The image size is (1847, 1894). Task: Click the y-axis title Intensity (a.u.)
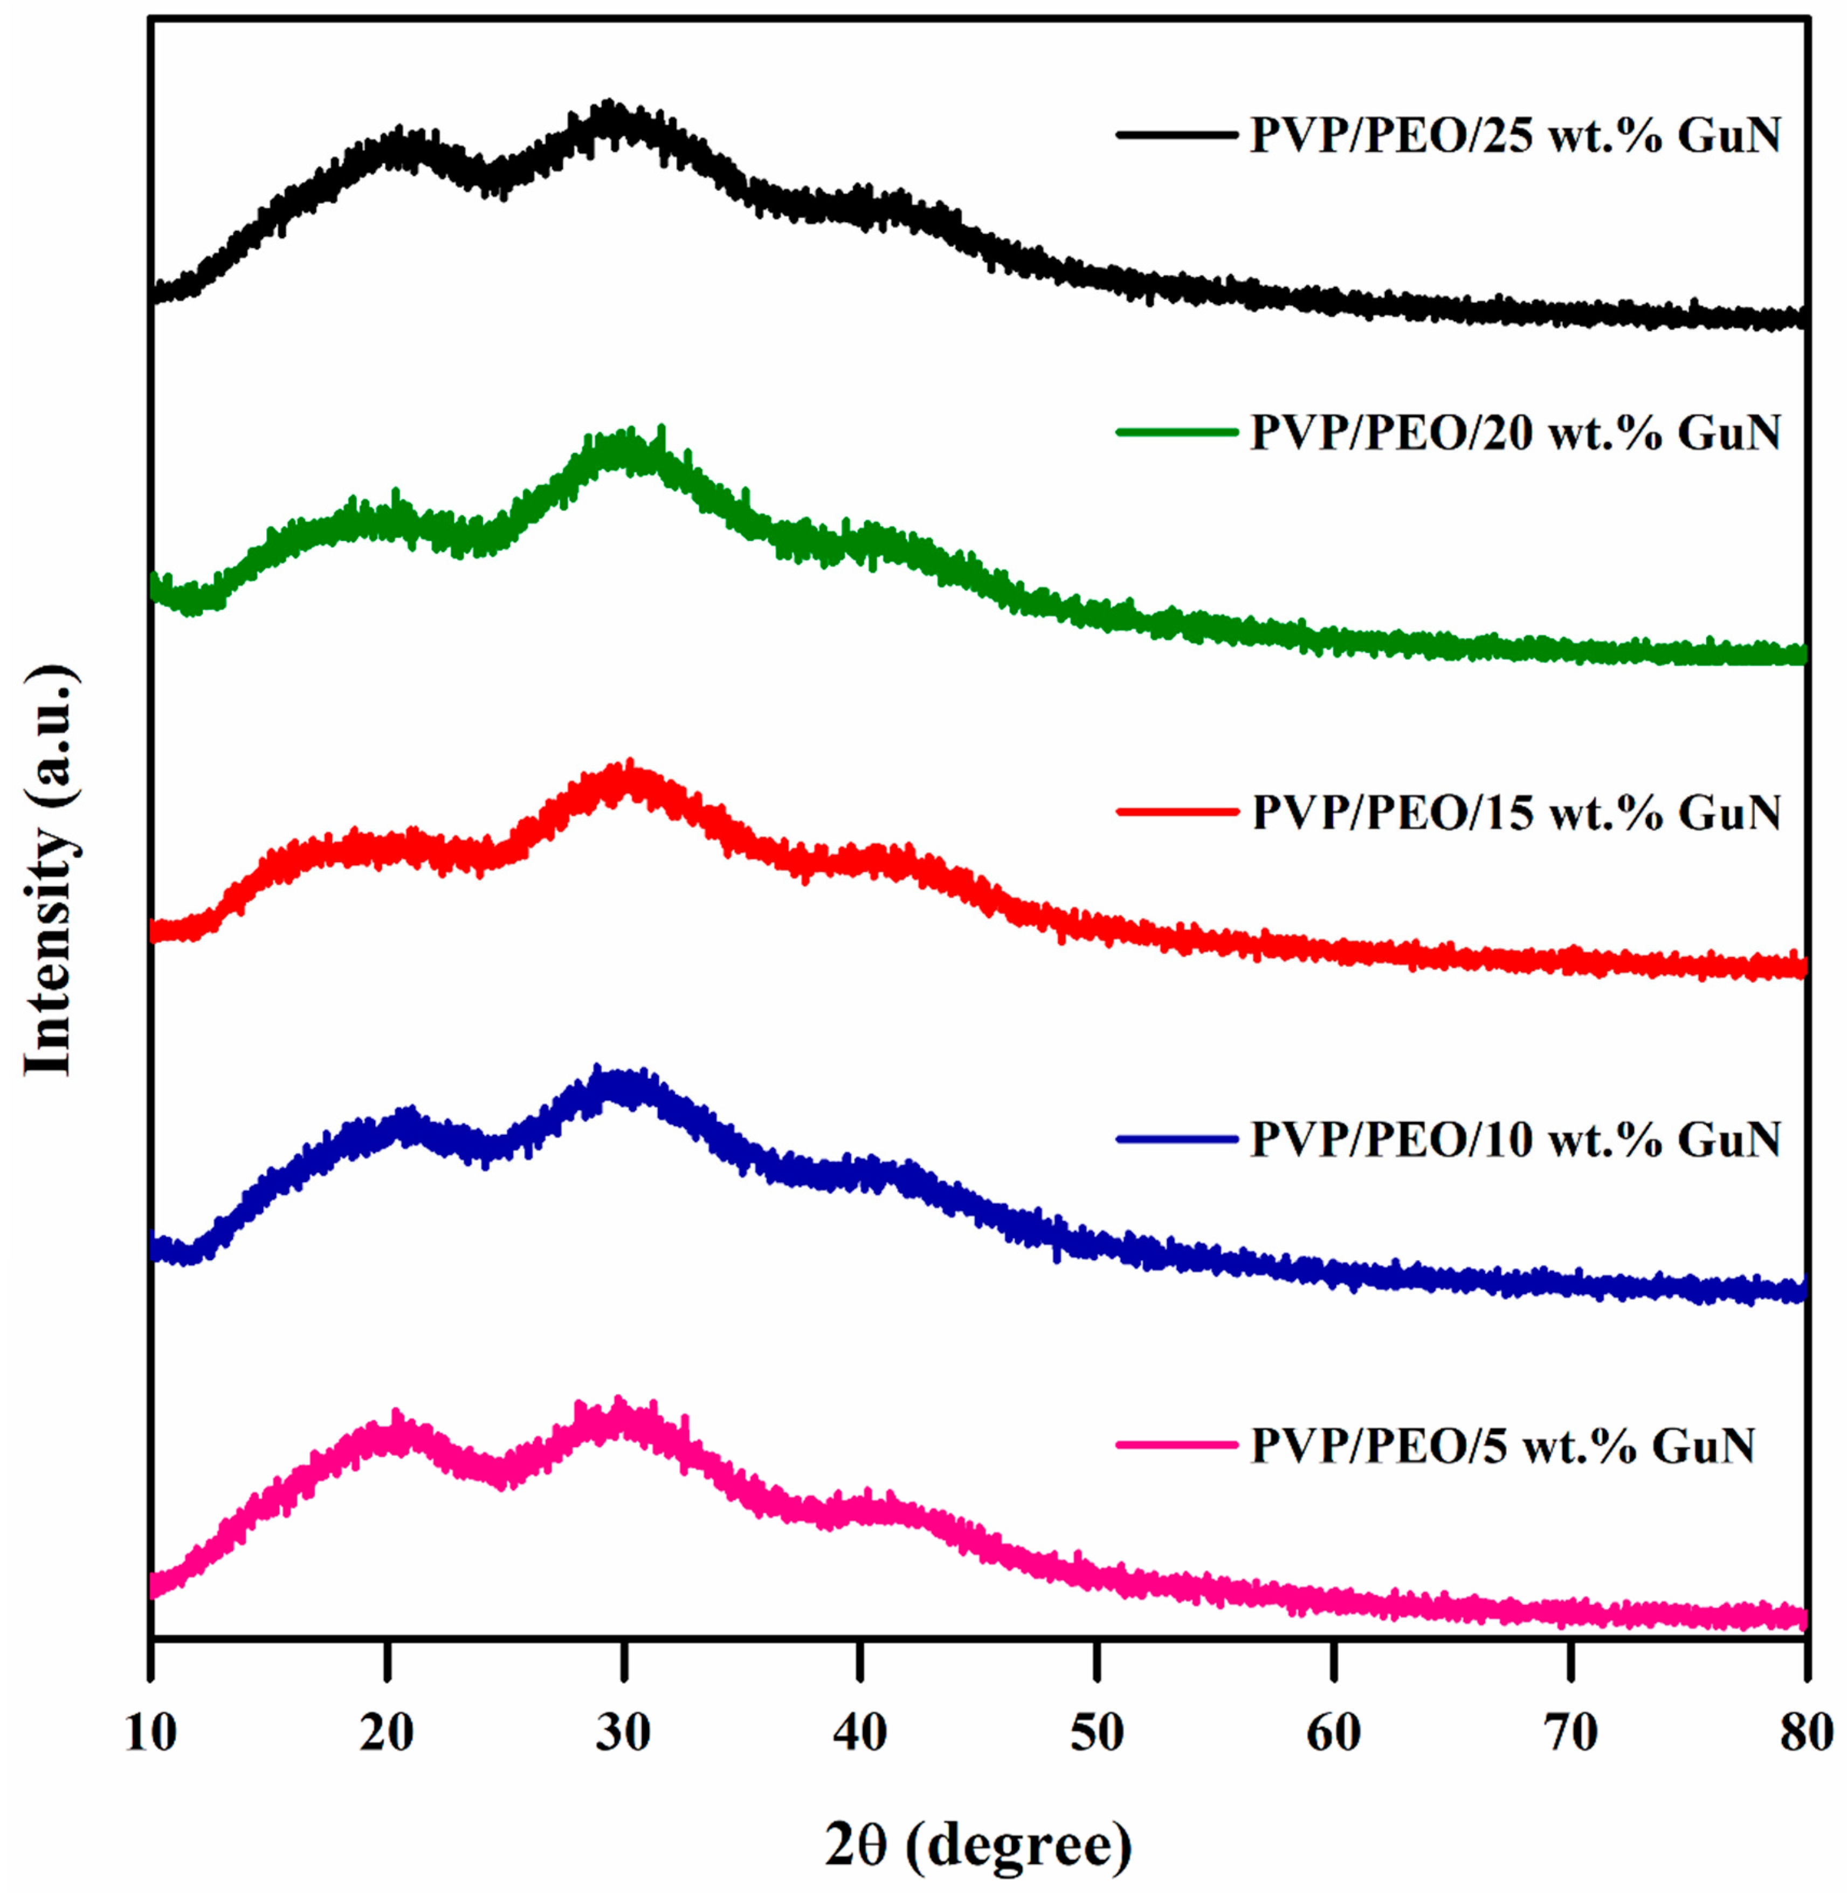click(x=49, y=870)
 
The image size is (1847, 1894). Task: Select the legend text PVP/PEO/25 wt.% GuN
click(x=1515, y=136)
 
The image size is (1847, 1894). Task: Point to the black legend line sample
click(x=1177, y=136)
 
